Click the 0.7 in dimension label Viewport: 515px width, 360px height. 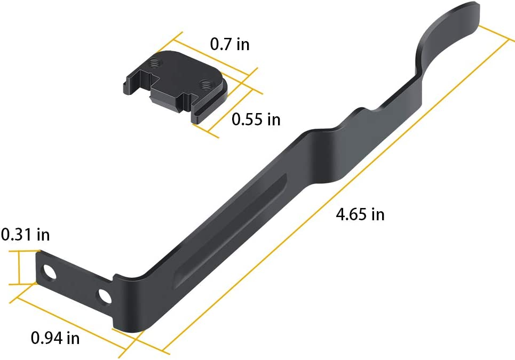[x=229, y=44]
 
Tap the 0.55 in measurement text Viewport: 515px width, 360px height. [x=256, y=119]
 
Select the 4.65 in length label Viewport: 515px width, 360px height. [x=360, y=214]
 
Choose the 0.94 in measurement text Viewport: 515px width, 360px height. [x=55, y=338]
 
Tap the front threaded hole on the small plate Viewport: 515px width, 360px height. [x=204, y=83]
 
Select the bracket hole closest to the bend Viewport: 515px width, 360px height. [x=105, y=295]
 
